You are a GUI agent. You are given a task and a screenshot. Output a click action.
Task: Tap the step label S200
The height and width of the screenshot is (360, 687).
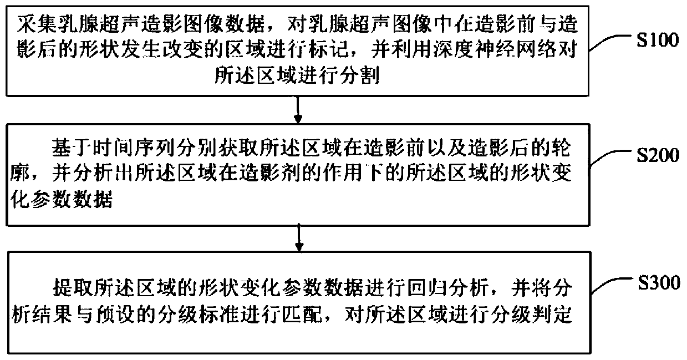657,156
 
